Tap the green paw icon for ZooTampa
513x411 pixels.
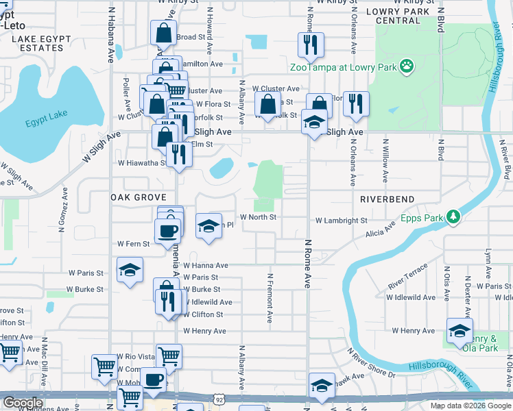[407, 66]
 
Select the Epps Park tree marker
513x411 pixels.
[453, 217]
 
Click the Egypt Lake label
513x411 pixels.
[43, 123]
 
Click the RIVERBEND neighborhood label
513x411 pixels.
[387, 199]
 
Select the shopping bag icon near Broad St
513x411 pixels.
[164, 33]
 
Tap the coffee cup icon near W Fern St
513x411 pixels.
[167, 231]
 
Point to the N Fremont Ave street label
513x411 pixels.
[270, 299]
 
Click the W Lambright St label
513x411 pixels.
[342, 221]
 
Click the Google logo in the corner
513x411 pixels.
[23, 403]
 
